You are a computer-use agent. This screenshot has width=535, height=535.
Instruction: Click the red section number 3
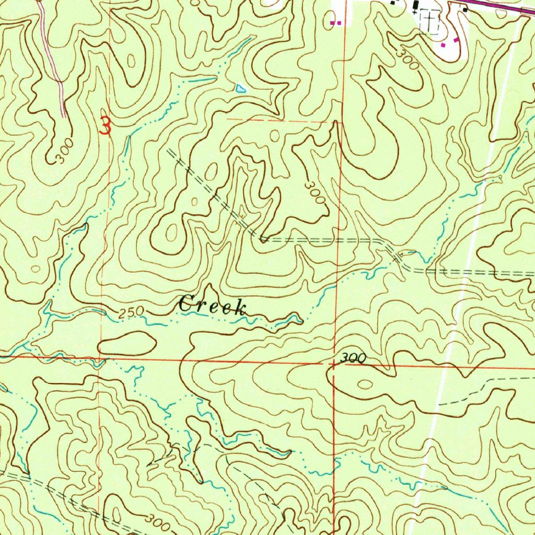pos(106,126)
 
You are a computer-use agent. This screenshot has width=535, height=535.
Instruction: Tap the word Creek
pos(212,305)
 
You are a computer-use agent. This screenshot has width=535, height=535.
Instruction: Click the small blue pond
pos(240,88)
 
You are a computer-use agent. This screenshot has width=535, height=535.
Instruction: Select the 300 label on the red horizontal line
pos(353,358)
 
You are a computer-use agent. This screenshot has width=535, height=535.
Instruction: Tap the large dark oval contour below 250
pos(127,343)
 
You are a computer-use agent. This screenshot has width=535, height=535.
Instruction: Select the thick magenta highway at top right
pos(502,6)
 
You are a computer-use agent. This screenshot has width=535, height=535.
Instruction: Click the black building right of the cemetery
pos(463,9)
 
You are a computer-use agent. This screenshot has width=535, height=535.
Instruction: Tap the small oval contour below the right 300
pos(365,385)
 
